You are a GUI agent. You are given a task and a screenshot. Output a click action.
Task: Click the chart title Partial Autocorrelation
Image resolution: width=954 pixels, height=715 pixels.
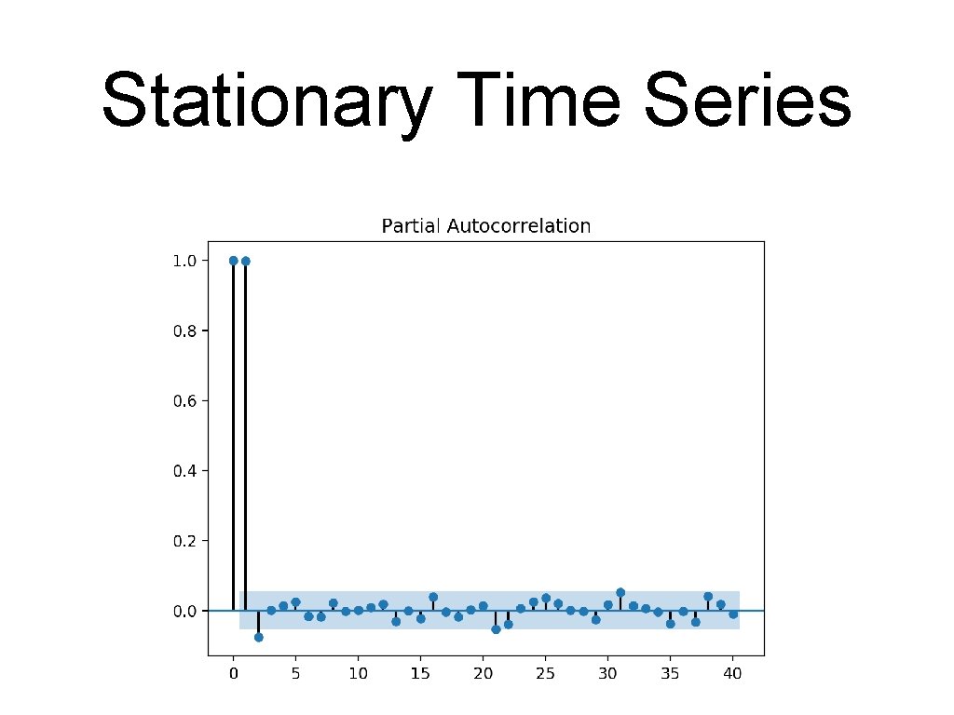[x=486, y=226]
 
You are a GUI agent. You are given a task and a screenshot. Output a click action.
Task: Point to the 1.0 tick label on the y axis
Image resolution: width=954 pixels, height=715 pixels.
[x=184, y=261]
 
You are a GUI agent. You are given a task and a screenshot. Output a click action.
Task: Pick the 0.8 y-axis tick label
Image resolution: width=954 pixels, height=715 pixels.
[x=184, y=331]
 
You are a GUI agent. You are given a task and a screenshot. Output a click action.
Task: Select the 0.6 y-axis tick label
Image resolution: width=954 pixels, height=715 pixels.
[x=184, y=401]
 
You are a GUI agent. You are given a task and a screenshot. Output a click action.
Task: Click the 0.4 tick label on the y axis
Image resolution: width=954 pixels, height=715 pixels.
[x=184, y=471]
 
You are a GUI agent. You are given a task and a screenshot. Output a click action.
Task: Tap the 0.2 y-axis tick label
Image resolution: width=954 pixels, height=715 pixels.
[x=184, y=541]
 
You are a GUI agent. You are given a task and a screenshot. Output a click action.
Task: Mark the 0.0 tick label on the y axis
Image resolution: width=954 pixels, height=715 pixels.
[x=184, y=611]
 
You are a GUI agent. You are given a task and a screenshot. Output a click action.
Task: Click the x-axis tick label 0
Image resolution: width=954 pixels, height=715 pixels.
[x=233, y=673]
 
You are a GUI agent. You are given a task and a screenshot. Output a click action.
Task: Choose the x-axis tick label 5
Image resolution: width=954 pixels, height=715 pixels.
[x=295, y=673]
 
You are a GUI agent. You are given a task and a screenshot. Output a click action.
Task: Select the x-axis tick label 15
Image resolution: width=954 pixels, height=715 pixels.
[x=420, y=673]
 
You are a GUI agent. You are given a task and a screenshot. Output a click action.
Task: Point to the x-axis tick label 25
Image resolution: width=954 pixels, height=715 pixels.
[x=545, y=673]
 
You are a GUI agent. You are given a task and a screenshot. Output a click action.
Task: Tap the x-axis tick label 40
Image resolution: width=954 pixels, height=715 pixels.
[x=733, y=673]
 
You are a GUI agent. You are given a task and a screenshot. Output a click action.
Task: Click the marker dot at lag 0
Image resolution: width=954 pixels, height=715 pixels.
[x=233, y=261]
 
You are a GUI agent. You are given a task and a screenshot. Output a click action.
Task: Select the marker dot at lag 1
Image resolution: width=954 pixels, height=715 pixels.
[x=245, y=261]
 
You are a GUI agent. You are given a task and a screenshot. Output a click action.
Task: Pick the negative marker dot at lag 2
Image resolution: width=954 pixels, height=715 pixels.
[x=258, y=637]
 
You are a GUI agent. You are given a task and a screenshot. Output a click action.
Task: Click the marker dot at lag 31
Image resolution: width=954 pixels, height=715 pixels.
[x=620, y=592]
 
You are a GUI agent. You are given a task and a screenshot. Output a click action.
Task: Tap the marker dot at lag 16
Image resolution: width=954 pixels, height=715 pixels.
[x=433, y=597]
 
